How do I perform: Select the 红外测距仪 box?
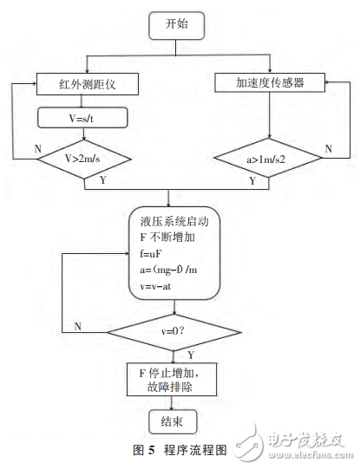[x=83, y=84]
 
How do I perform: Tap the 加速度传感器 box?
[x=269, y=84]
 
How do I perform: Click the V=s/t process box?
[x=83, y=116]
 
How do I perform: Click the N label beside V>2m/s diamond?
[x=38, y=149]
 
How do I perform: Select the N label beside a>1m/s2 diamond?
[x=327, y=148]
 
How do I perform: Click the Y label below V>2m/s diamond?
[x=104, y=181]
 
